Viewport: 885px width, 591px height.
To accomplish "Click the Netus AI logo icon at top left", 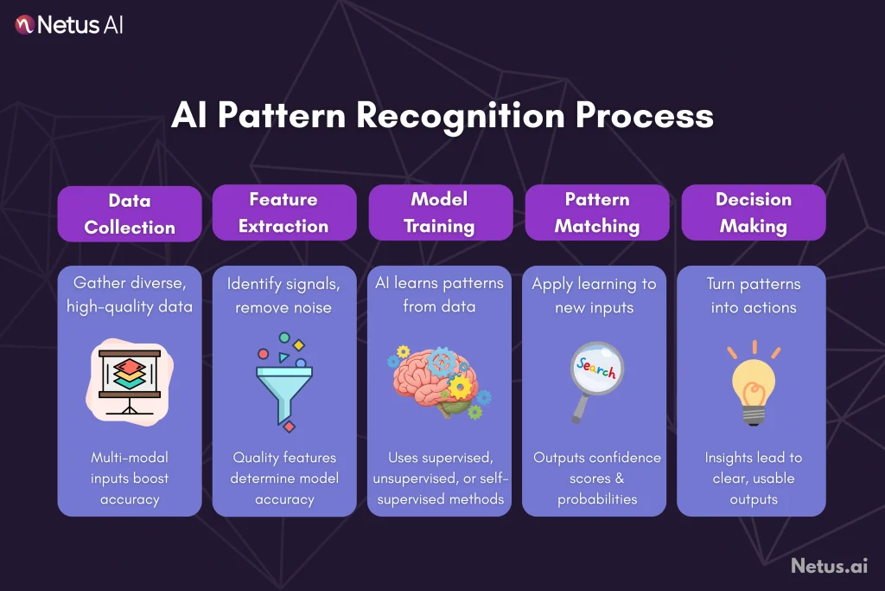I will [x=24, y=24].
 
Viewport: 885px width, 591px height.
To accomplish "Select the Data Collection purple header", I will [x=130, y=214].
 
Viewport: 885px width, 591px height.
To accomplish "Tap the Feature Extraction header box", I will [x=283, y=213].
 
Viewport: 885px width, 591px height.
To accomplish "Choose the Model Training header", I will [x=439, y=213].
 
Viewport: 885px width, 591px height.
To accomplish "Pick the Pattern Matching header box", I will [x=596, y=213].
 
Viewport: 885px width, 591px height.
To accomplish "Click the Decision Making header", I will [x=753, y=213].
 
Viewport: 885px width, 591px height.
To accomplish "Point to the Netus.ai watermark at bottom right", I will [x=828, y=566].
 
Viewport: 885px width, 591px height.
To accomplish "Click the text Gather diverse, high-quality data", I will [x=130, y=295].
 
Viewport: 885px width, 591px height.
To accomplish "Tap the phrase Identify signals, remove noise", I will [x=283, y=295].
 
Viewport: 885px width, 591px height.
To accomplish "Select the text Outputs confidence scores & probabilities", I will [x=596, y=479].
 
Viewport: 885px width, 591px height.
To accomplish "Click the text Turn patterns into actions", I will [x=753, y=295].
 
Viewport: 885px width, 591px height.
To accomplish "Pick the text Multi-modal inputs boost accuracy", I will [x=130, y=479].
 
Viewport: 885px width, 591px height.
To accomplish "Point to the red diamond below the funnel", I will [x=290, y=427].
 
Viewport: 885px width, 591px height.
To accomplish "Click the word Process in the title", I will [x=653, y=115].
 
